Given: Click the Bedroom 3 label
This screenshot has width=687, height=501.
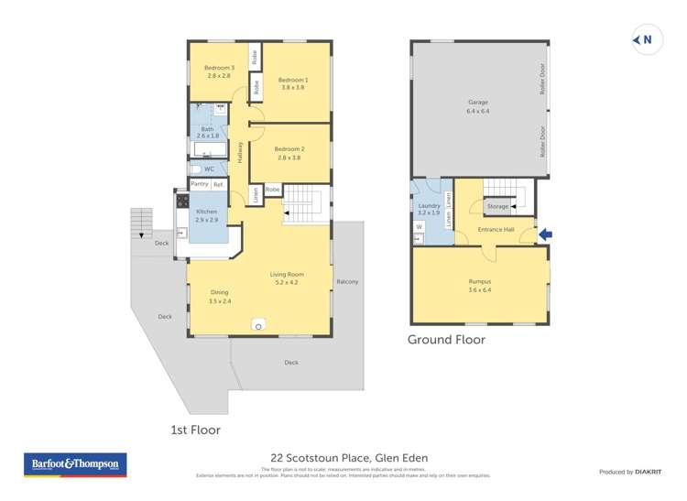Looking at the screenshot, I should tap(219, 69).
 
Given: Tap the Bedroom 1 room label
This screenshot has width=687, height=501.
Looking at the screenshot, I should tap(293, 81).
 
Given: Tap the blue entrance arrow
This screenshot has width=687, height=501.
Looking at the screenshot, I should tap(546, 235).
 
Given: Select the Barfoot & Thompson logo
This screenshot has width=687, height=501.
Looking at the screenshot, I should tap(74, 464).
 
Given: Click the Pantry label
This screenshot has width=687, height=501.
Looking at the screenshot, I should tap(199, 184).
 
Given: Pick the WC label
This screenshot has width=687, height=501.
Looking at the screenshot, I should tap(209, 169).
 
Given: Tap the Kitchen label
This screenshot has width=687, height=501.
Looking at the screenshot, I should tap(207, 212).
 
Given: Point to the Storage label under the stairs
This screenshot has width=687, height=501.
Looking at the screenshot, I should tap(497, 207).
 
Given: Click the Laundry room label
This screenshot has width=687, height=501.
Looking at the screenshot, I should tap(429, 207).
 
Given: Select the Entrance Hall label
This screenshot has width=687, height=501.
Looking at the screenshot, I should tap(496, 229).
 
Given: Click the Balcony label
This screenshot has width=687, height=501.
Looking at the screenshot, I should tap(347, 281).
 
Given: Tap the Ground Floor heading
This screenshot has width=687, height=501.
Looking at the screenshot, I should tap(446, 339).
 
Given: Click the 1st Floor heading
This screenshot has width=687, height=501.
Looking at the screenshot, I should tap(195, 429).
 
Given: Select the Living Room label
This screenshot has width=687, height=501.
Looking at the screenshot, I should tap(287, 275).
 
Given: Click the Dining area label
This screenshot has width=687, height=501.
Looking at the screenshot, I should tap(219, 292).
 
